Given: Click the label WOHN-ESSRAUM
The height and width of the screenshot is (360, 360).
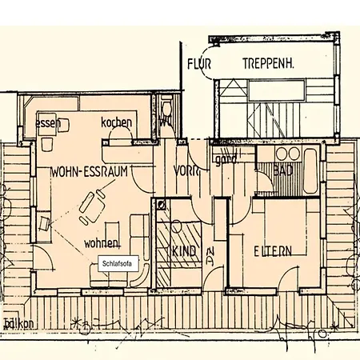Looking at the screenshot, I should pyautogui.click(x=89, y=171).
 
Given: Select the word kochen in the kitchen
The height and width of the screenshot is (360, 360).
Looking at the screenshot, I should pyautogui.click(x=116, y=122).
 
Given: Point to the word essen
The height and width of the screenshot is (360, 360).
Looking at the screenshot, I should pyautogui.click(x=47, y=125).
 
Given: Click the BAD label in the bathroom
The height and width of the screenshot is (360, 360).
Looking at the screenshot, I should pyautogui.click(x=282, y=170).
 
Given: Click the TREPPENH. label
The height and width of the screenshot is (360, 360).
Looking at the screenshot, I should pyautogui.click(x=266, y=64).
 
